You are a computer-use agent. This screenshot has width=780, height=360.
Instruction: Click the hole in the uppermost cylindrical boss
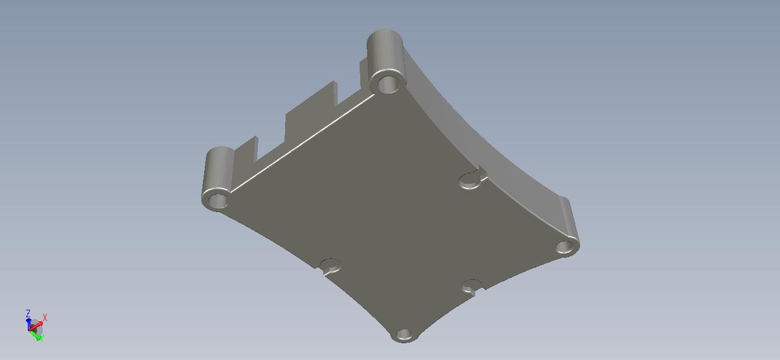[x=388, y=84]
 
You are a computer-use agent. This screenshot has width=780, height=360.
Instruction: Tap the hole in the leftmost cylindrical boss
[x=218, y=201]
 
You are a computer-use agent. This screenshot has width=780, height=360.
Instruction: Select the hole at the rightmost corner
[x=565, y=247]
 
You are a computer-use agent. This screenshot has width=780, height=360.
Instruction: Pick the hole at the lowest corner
[x=404, y=335]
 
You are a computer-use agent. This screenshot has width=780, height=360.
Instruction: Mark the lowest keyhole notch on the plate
[x=472, y=286]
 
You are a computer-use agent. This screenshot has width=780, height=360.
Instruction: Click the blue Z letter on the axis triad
[x=28, y=313]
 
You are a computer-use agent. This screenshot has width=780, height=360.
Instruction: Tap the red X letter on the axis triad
[x=45, y=317]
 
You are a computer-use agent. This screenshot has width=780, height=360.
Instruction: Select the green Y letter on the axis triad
[x=42, y=338]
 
